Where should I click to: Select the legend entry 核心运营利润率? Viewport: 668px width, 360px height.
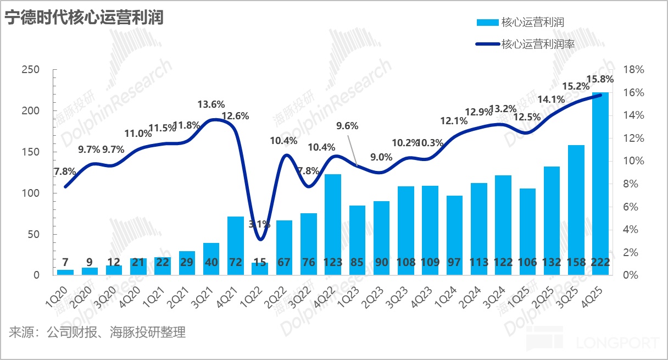pos(538,45)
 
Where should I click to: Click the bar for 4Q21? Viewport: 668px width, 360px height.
pos(236,245)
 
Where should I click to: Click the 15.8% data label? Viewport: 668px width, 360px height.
pos(600,79)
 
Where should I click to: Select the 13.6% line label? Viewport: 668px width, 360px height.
pos(211,104)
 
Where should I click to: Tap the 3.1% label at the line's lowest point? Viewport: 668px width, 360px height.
pos(260,224)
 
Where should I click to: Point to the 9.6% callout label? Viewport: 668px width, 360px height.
pos(347,125)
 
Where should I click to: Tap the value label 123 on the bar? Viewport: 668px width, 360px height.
pos(333,263)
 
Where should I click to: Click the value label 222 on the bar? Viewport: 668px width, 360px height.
pos(600,263)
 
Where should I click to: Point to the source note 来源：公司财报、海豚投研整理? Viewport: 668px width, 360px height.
pos(97,333)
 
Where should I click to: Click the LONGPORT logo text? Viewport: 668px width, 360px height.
pos(618,344)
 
